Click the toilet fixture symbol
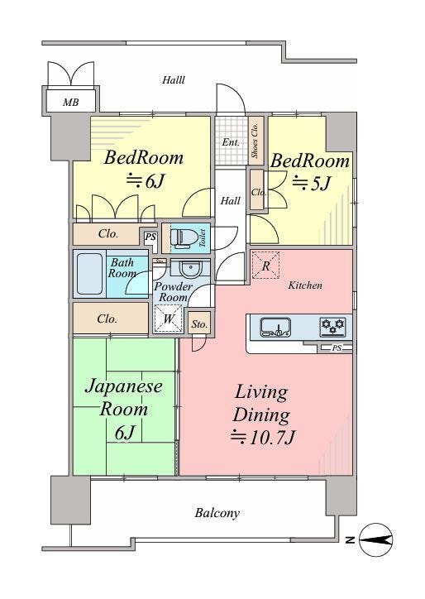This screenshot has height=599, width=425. point(183,237)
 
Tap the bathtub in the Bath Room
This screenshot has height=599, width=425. point(90,274)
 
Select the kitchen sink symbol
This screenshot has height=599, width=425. point(275,328)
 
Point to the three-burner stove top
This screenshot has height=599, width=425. point(333,327)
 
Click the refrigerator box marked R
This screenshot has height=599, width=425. point(265,265)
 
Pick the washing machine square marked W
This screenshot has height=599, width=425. point(169,319)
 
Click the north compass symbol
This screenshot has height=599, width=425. point(376,539)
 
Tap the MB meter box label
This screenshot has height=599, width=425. point(71,102)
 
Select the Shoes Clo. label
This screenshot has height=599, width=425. point(255,141)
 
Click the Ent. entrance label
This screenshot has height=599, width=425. point(231,142)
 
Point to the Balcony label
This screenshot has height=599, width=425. point(217,513)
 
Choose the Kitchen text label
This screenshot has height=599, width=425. point(305,285)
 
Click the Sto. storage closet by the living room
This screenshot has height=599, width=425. point(199,324)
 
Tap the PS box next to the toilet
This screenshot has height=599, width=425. point(150,237)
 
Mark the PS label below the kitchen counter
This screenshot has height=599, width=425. point(337,348)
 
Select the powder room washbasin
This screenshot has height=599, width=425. point(190,270)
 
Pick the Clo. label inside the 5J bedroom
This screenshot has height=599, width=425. point(258,192)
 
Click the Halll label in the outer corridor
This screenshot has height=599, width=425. point(174,80)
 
